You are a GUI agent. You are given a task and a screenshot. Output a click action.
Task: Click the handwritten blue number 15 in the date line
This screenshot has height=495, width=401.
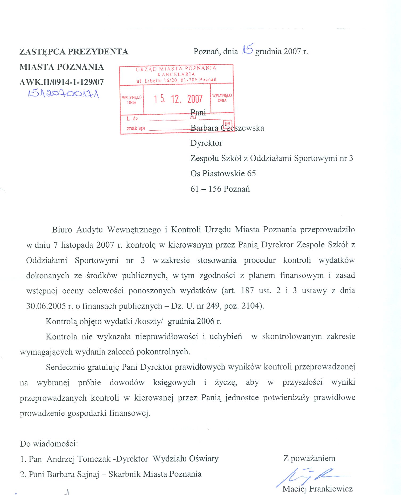point(248,49)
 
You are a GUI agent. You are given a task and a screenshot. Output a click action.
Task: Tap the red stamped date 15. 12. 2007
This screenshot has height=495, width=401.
point(178,99)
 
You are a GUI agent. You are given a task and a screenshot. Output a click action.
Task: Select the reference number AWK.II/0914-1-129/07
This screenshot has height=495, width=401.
point(61,82)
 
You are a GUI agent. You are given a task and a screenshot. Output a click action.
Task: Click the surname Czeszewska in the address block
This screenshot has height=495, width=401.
point(242,128)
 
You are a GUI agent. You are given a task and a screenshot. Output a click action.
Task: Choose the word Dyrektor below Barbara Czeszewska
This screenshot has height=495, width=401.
point(206,143)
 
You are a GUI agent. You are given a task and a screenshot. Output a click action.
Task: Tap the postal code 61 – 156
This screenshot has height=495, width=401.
point(206,189)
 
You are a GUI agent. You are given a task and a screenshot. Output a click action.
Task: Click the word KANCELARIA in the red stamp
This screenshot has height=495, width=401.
point(176,74)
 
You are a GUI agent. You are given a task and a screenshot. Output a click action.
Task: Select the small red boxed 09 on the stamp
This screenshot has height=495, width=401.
point(228,124)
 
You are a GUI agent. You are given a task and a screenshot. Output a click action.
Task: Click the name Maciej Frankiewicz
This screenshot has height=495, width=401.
point(317,489)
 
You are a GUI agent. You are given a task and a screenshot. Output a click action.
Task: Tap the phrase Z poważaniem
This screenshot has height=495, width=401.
point(309,458)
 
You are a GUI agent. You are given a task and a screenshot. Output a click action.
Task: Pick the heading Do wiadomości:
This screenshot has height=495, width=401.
point(49,444)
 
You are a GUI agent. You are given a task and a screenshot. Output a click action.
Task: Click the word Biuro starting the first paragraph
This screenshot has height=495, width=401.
point(62,230)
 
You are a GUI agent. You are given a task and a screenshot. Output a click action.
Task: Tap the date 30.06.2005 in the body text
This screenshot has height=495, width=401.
point(46,306)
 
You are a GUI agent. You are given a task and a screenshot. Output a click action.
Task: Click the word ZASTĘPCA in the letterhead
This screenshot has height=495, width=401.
point(42,52)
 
